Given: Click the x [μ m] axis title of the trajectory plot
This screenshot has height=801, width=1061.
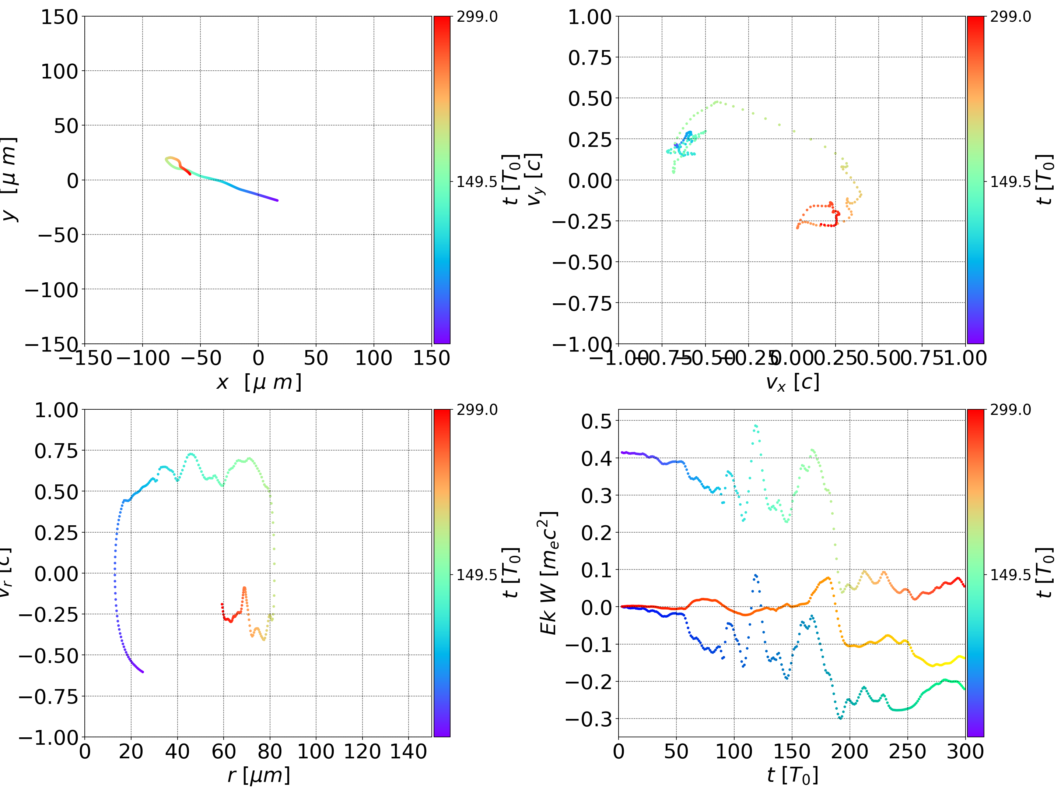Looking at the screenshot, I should tap(259, 382).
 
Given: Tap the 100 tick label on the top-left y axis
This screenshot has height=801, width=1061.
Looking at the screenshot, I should tap(59, 71).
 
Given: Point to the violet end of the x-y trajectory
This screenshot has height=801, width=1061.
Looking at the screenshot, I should tap(277, 200).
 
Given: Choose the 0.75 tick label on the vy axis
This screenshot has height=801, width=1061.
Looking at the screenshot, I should tap(590, 57).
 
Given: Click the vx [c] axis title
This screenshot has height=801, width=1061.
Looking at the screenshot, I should tap(792, 382).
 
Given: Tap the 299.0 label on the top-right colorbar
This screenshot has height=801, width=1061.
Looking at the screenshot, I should tap(1010, 17).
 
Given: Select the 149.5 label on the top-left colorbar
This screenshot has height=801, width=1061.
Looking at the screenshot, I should tap(477, 182).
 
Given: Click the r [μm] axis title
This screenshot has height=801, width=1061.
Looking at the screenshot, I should tap(259, 776).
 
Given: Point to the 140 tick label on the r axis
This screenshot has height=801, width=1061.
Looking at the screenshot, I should tap(408, 751).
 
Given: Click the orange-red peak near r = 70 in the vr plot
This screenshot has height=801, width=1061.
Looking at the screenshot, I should tap(244, 588).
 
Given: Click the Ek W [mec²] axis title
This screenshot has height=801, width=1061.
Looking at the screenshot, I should tap(548, 573).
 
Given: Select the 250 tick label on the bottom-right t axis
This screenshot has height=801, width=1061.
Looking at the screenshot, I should tap(907, 751).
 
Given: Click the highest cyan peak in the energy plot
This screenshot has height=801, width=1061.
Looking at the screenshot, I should tap(756, 425).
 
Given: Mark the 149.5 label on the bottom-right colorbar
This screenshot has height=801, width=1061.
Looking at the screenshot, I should tap(1010, 574).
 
